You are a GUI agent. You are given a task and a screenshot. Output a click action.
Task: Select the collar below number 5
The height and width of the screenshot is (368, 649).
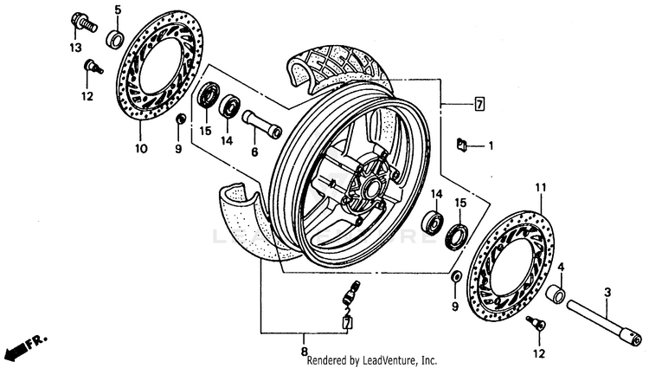(x=114, y=39)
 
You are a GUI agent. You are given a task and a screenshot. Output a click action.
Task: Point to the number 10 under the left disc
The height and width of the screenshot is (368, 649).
(x=141, y=149)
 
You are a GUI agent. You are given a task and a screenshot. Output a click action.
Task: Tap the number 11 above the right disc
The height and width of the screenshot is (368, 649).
(x=541, y=188)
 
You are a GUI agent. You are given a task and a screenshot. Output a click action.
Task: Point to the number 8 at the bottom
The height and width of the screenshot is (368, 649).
(x=305, y=352)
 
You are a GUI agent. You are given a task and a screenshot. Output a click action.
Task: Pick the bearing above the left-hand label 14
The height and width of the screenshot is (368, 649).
(x=230, y=106)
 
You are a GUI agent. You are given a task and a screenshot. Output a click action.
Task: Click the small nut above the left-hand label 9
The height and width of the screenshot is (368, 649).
(x=179, y=118)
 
